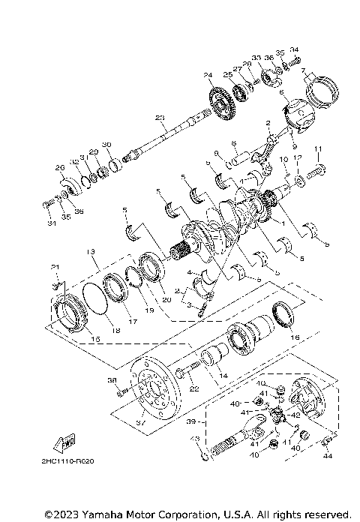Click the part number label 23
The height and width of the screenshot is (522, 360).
tap(159, 118)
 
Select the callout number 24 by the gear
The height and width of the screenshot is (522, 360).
tap(208, 74)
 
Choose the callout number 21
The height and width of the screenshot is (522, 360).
tap(54, 267)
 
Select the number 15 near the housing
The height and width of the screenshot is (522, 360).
tap(73, 340)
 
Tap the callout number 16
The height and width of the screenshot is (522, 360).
tap(294, 338)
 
